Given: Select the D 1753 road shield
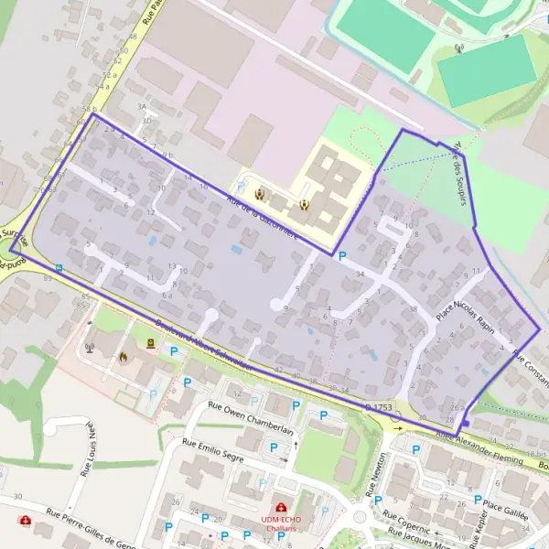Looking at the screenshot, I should click(378, 405).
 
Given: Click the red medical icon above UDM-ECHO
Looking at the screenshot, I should click(280, 506).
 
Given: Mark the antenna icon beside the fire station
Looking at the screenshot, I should click(90, 348).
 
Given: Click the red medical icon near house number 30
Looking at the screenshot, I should click(26, 520).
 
